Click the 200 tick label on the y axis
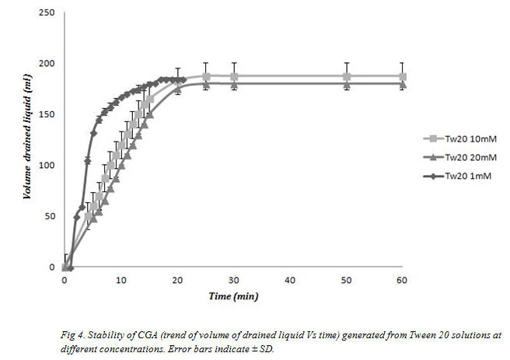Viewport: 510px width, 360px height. pyautogui.click(x=48, y=63)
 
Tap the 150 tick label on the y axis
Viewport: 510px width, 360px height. pyautogui.click(x=48, y=114)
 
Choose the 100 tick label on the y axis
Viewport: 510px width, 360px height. pyautogui.click(x=48, y=165)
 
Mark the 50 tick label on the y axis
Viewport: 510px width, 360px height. pyautogui.click(x=51, y=216)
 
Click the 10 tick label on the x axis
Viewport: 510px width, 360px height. pyautogui.click(x=121, y=279)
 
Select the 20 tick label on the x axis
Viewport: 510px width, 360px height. pyautogui.click(x=177, y=279)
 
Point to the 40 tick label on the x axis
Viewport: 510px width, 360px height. pyautogui.click(x=290, y=279)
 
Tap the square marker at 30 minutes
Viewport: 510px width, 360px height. pyautogui.click(x=234, y=77)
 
